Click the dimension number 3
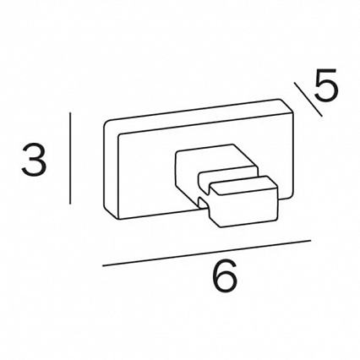[x=34, y=159]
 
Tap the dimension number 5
[x=325, y=85]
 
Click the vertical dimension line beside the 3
[x=70, y=158]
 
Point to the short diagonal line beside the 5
[x=308, y=99]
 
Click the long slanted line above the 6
[x=206, y=253]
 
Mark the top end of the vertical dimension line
[x=71, y=113]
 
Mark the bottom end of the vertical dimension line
[x=70, y=204]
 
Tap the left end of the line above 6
[x=103, y=265]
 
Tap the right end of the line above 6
[x=310, y=240]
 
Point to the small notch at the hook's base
[x=202, y=202]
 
